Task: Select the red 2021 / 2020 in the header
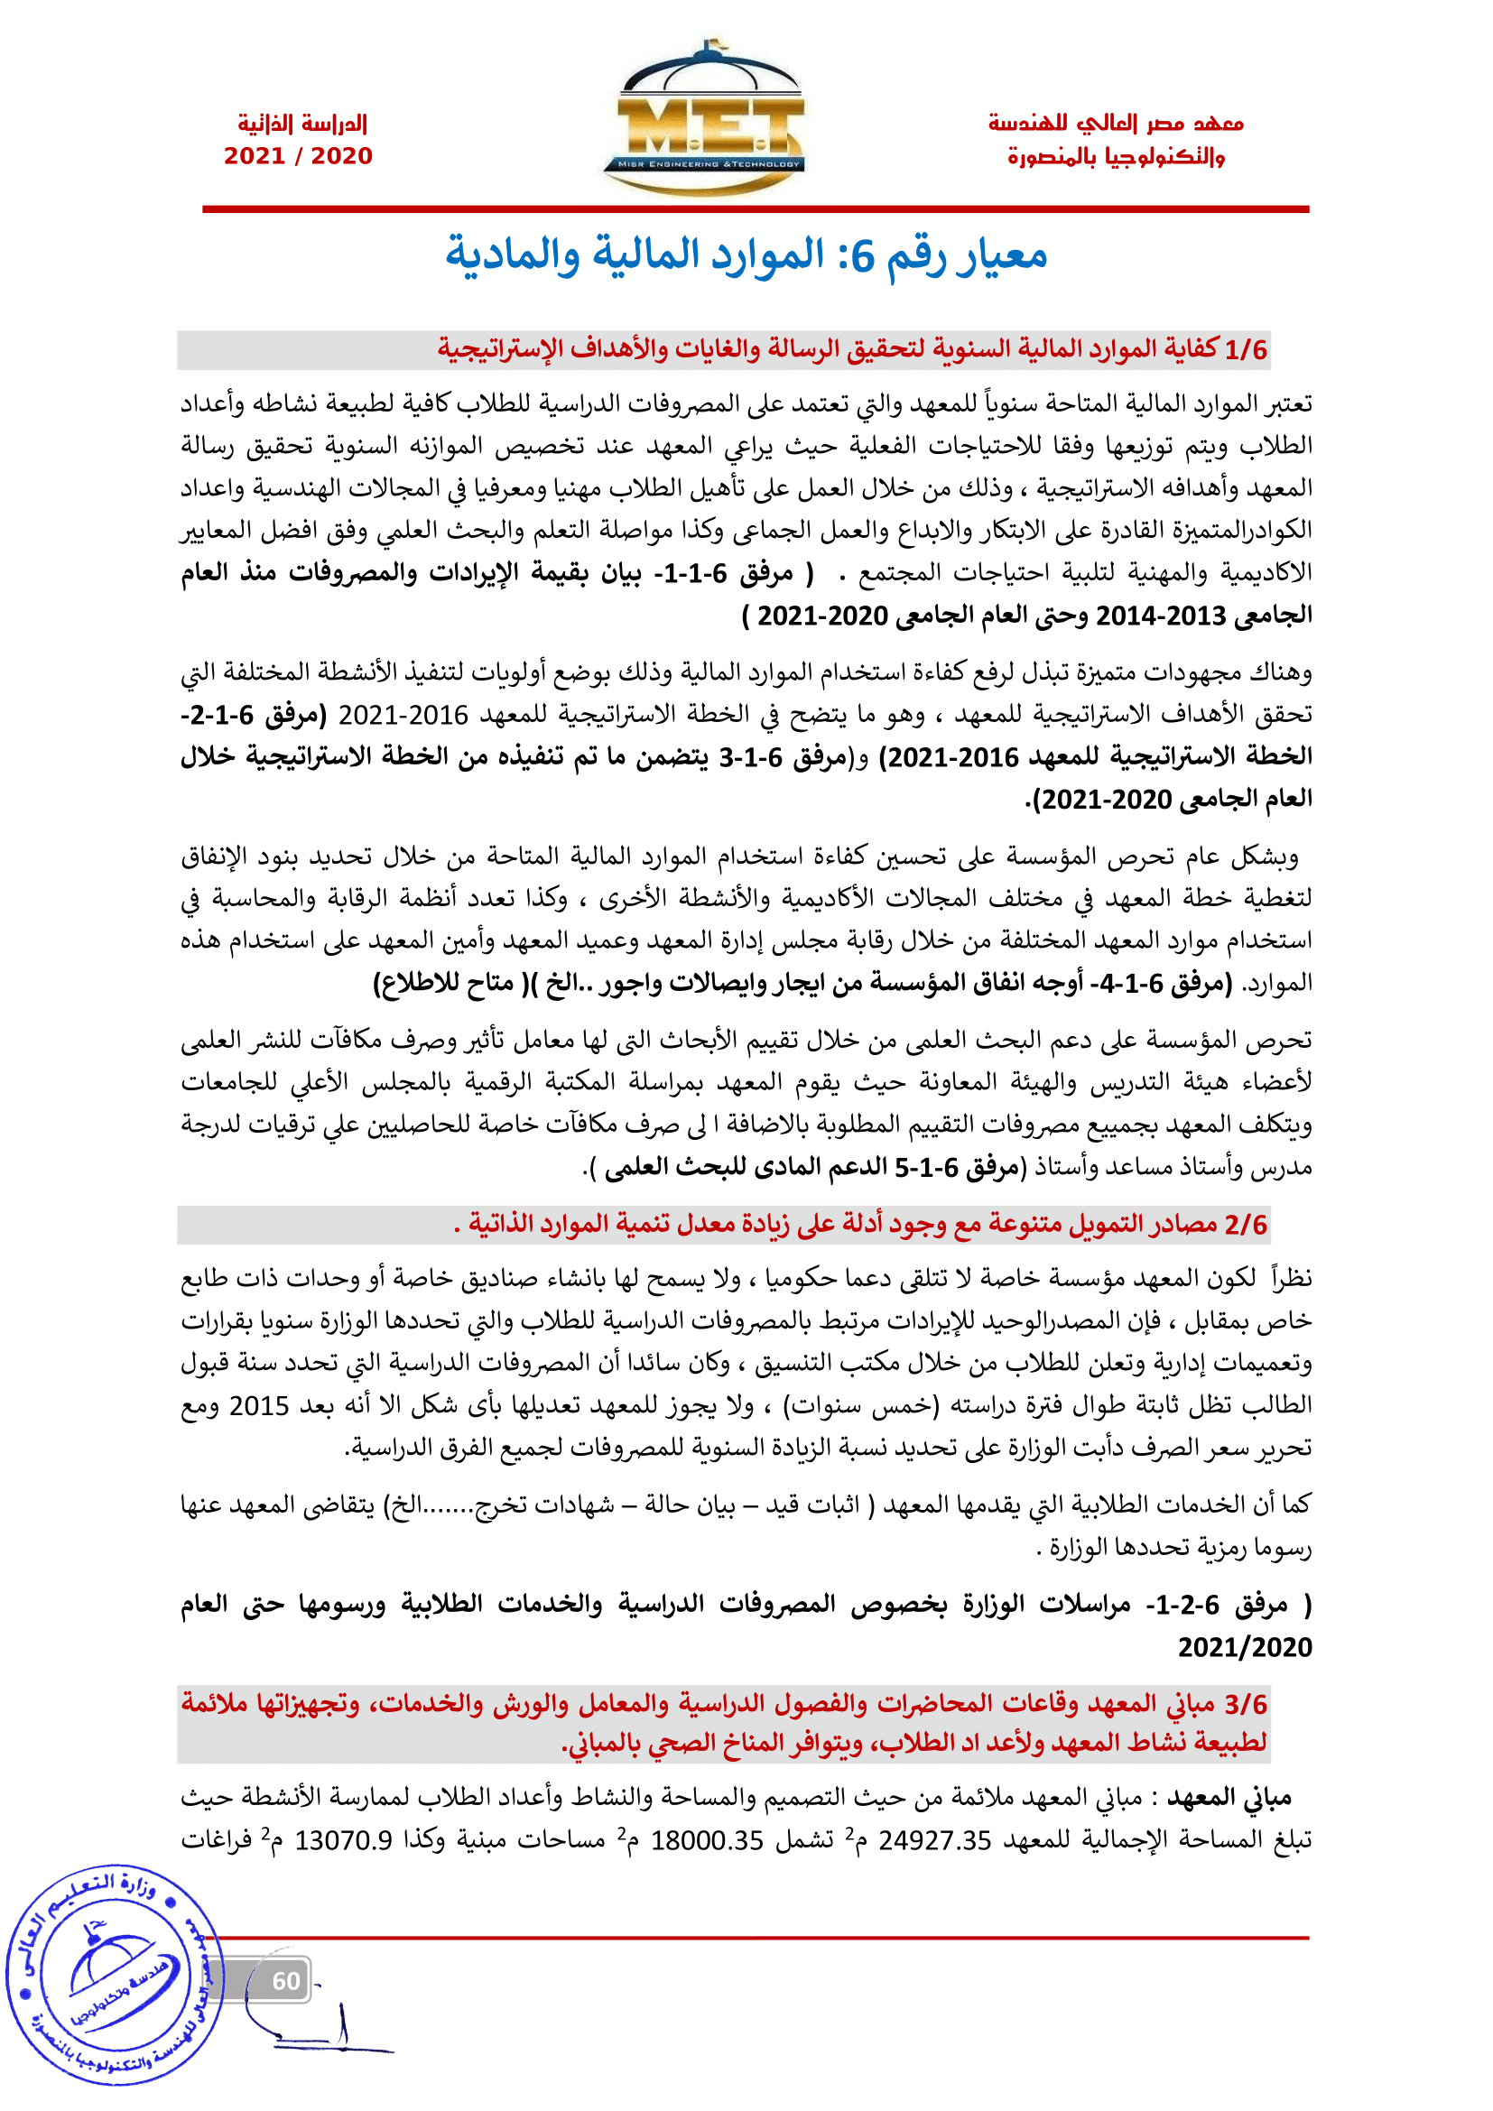pyautogui.click(x=298, y=156)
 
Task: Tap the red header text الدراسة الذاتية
pyautogui.click(x=302, y=124)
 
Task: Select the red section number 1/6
pyautogui.click(x=1246, y=350)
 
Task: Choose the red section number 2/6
pyautogui.click(x=1246, y=1225)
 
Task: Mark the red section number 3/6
pyautogui.click(x=1246, y=1704)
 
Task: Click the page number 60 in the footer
pyautogui.click(x=286, y=1980)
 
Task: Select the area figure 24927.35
pyautogui.click(x=934, y=1839)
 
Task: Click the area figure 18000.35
pyautogui.click(x=707, y=1839)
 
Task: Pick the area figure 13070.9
pyautogui.click(x=343, y=1839)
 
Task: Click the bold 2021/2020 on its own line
pyautogui.click(x=1245, y=1647)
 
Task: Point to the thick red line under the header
pyautogui.click(x=755, y=209)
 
